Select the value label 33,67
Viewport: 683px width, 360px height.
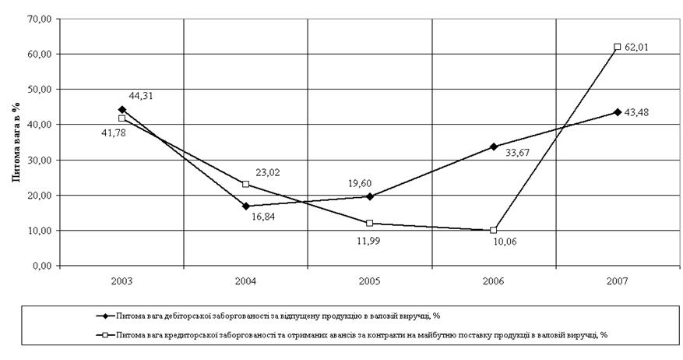(518, 153)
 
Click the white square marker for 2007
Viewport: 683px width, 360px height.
(618, 47)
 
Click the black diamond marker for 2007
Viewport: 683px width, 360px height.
(618, 112)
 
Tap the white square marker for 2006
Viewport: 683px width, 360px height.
(494, 230)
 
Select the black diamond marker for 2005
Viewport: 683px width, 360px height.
(370, 196)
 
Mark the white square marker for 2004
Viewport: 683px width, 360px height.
(246, 184)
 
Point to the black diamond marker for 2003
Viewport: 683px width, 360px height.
(122, 109)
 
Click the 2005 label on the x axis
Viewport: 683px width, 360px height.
(370, 280)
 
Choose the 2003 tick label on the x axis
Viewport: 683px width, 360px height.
(122, 280)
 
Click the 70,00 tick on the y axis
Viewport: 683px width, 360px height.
(39, 19)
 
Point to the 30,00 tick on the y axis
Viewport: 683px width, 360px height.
(39, 160)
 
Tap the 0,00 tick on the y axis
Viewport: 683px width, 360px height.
(41, 266)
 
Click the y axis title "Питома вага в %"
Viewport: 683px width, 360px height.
(14, 141)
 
